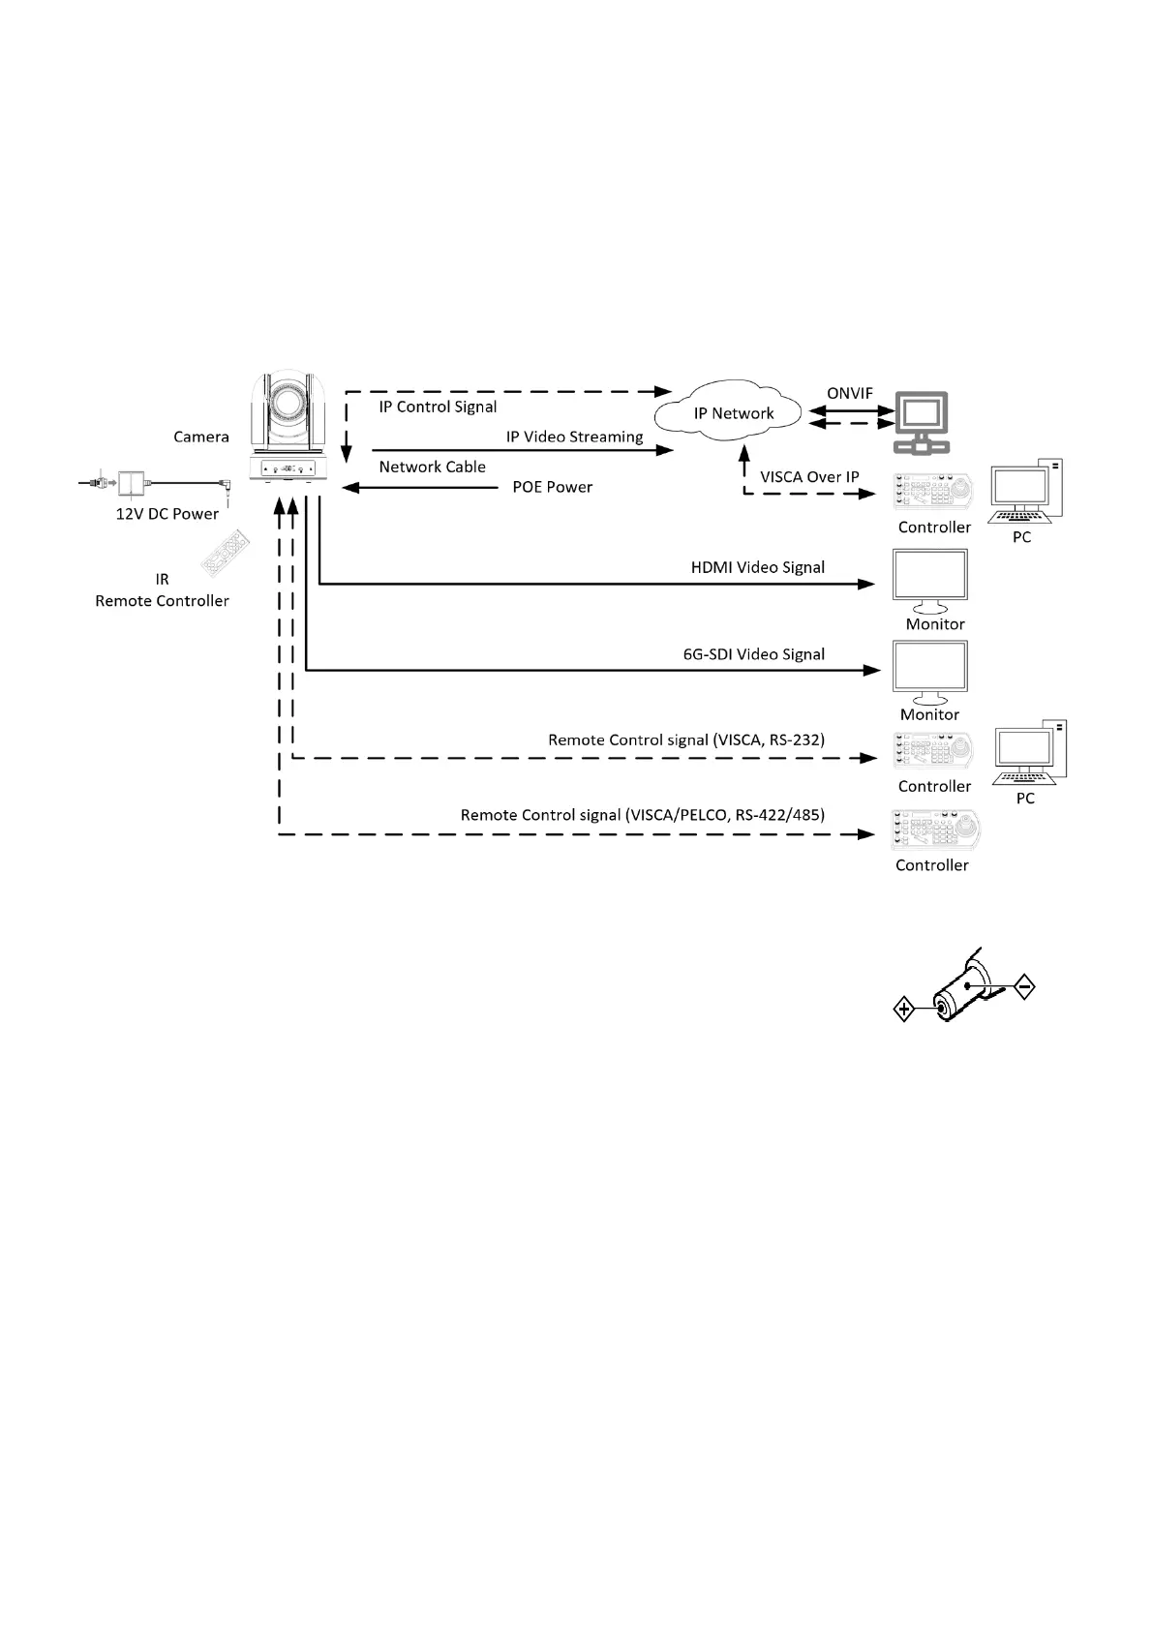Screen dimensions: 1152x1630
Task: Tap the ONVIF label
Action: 849,394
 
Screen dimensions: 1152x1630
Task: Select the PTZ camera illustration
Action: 288,426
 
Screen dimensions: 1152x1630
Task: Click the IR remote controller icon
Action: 226,554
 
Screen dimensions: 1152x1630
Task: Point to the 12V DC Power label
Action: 167,514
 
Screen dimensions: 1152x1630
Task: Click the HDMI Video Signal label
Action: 758,567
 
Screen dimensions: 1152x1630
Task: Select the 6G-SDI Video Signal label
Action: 754,654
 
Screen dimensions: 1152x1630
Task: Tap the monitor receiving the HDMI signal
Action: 930,582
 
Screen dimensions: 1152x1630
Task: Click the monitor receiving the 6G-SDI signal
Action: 930,673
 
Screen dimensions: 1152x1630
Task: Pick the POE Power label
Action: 553,487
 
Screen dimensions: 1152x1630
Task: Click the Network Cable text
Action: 433,467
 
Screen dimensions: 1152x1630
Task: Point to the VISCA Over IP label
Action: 809,477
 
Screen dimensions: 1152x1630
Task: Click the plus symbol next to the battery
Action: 904,1010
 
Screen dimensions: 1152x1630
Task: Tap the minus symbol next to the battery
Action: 1024,986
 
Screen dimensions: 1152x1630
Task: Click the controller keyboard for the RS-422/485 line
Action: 936,830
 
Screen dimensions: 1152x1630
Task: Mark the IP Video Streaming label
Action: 575,437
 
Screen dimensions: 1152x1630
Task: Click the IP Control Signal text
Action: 438,407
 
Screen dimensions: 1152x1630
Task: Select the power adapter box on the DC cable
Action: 132,482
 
